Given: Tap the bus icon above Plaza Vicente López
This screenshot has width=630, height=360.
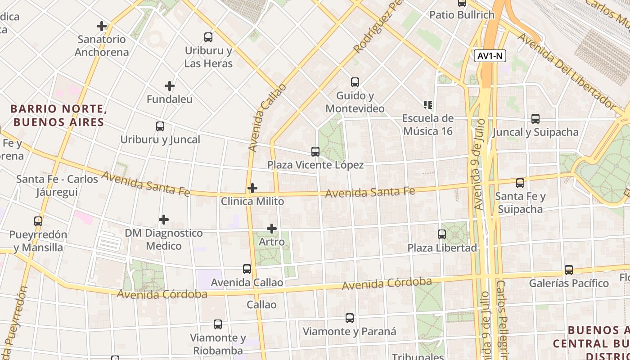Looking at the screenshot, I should coord(315,152).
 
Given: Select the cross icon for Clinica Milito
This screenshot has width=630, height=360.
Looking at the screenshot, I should coord(252,188).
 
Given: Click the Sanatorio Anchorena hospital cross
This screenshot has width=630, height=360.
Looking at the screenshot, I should coord(102,26).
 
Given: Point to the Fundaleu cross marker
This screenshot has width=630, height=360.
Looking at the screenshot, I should coord(169,85).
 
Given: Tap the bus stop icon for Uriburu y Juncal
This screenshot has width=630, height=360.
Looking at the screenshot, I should coord(160,126).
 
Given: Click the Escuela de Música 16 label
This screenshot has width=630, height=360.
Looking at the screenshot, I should coord(427,125).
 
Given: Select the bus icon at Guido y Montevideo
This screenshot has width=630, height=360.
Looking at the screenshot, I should coord(355,82).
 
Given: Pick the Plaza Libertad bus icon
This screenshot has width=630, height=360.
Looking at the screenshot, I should coord(442,234).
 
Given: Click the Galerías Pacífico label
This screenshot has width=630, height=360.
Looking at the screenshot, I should coord(569,283).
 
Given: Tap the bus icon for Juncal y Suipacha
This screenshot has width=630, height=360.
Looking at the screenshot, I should coord(535,119).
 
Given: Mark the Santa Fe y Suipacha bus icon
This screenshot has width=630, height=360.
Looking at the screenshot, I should coord(520,183).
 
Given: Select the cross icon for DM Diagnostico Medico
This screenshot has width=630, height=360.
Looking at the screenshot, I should coord(164,220).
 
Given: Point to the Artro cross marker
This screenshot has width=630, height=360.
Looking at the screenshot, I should coord(272,229).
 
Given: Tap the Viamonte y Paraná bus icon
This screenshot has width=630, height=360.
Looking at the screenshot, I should coord(350,318).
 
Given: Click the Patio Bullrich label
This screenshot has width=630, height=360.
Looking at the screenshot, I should coord(462,14).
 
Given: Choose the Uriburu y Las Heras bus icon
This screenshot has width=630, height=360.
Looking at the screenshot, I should coord(208,37).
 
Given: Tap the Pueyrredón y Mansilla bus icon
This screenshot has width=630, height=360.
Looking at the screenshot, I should coord(38,221).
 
